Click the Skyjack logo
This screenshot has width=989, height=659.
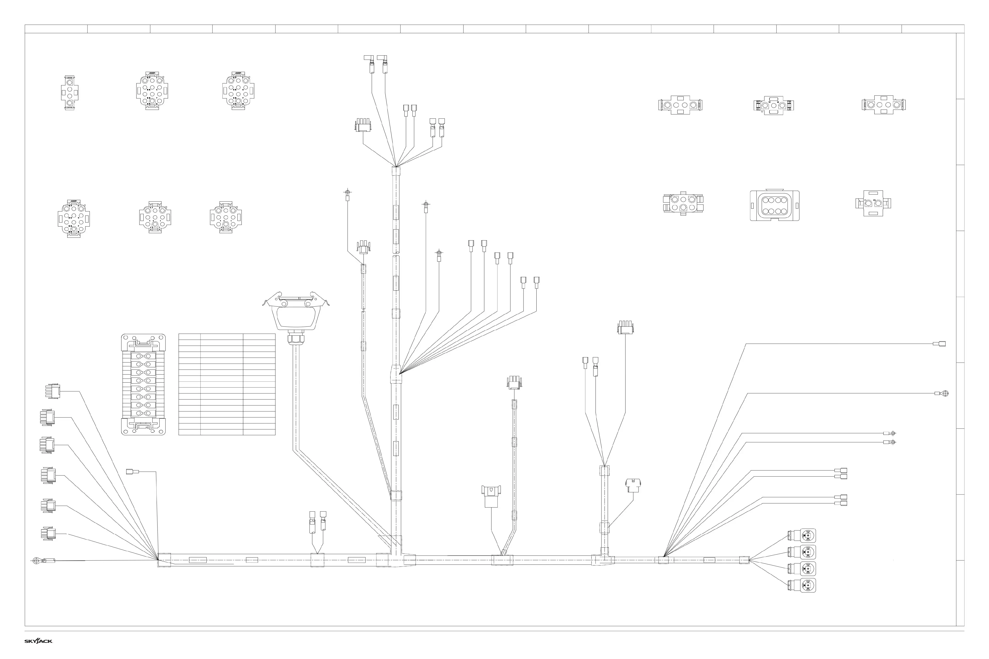[38, 641]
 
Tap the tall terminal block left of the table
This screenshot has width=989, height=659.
[143, 384]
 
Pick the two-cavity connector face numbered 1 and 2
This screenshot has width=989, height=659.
[873, 203]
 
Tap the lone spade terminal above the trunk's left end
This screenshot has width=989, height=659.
[132, 472]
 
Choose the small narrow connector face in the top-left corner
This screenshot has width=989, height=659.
[69, 93]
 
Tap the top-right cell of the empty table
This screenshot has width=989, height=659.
[259, 337]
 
